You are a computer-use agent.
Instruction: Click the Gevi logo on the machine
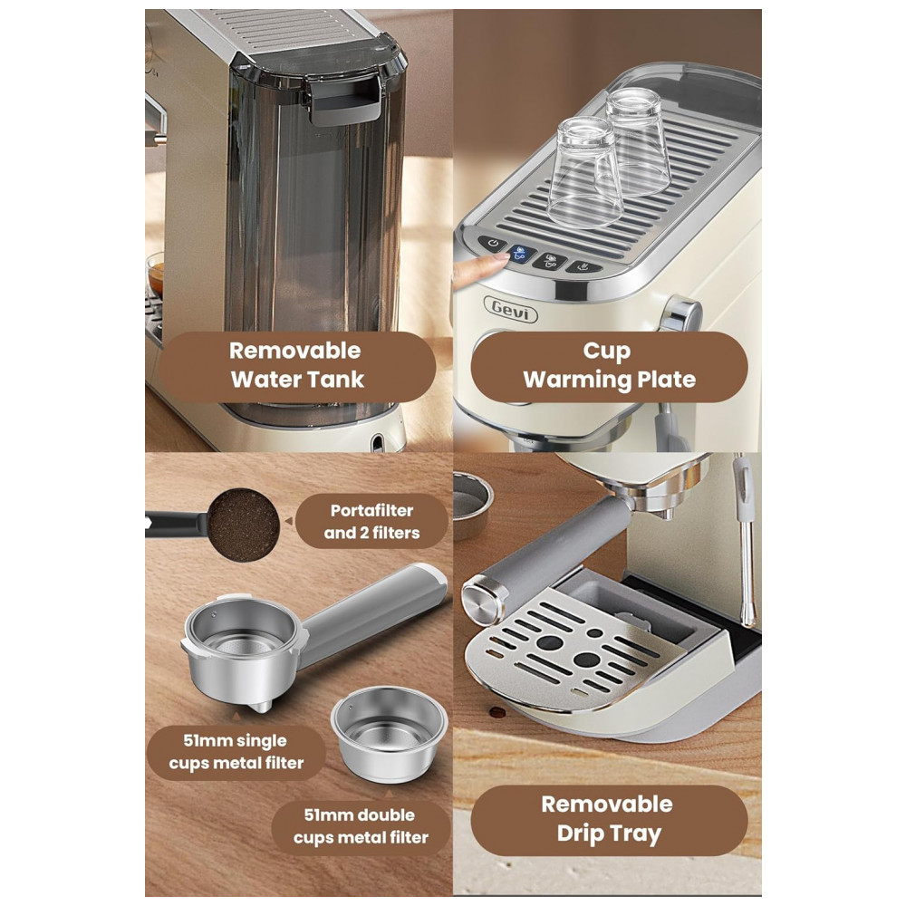coord(510,309)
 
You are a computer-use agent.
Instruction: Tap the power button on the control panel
coord(493,243)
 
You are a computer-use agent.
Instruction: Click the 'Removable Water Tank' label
coord(297,366)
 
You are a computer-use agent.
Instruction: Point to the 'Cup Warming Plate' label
coord(609,366)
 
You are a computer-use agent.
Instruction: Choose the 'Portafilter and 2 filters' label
coord(371,522)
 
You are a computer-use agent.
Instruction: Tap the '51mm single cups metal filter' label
coord(236,752)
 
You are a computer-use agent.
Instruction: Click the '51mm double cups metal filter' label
coord(361,826)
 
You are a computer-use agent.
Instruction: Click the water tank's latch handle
coord(345,101)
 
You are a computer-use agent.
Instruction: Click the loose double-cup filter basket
coord(389,733)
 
